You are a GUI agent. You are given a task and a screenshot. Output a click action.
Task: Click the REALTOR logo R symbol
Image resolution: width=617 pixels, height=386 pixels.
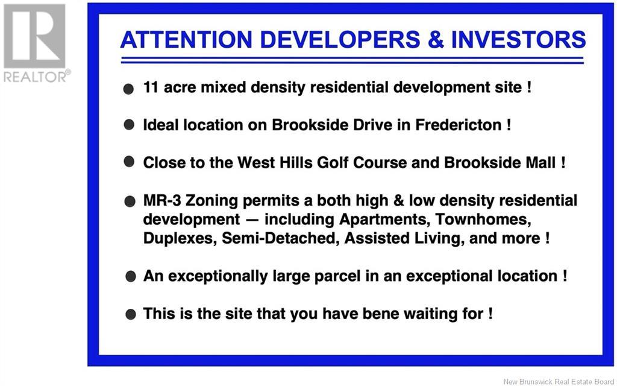pos(34,36)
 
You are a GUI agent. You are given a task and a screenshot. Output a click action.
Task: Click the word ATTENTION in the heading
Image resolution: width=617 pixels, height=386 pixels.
pos(186,40)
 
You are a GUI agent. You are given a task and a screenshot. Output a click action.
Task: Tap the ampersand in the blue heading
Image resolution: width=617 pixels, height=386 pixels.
pos(436,40)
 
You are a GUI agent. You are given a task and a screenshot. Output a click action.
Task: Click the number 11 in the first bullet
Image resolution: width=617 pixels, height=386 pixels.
pos(151,87)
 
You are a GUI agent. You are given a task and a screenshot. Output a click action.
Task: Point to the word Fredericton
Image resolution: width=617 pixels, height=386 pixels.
pos(459,125)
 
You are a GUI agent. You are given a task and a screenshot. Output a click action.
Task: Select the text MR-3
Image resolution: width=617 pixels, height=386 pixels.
pos(161,200)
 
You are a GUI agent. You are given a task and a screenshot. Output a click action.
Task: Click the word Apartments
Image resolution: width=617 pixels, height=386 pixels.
pos(384,220)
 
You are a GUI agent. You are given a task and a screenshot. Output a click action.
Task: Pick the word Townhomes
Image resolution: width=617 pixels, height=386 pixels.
pos(483,220)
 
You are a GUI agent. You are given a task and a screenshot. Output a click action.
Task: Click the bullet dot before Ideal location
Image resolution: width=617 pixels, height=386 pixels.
pos(129,125)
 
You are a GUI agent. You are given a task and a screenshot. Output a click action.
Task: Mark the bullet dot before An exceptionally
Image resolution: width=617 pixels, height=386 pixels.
pos(131,276)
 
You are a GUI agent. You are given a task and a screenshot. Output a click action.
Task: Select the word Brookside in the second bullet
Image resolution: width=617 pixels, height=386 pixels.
pos(310,125)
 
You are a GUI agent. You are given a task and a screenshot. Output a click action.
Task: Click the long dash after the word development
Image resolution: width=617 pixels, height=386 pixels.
pos(252,220)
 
